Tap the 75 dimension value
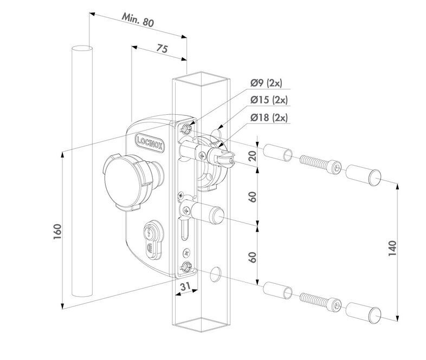(x=161, y=48)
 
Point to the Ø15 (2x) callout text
(x=269, y=100)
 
